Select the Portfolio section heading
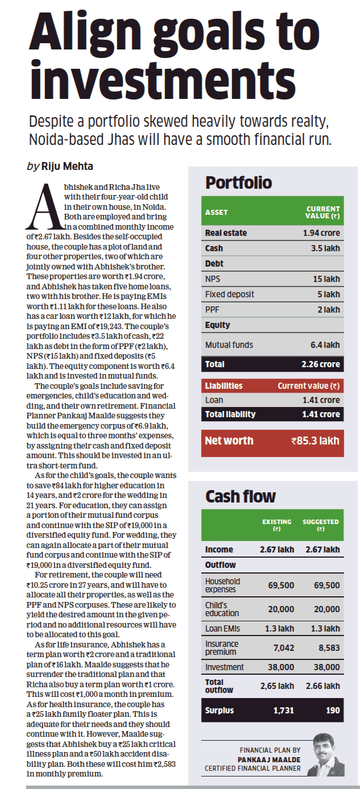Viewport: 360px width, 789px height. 238,182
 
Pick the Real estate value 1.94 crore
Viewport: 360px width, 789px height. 321,233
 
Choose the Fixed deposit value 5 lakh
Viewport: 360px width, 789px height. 329,294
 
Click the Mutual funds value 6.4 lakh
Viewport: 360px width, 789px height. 325,344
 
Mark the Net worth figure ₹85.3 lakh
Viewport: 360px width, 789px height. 315,441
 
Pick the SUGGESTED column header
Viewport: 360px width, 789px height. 321,525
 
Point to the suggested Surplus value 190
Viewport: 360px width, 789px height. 333,710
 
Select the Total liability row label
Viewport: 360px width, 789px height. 230,414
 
